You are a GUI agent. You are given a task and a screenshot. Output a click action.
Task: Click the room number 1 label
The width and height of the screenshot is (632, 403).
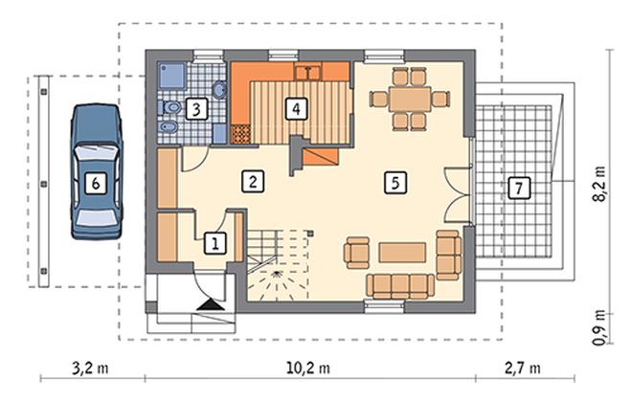pyautogui.click(x=215, y=243)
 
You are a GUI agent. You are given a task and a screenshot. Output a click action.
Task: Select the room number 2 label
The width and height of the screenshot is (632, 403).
pyautogui.click(x=253, y=181)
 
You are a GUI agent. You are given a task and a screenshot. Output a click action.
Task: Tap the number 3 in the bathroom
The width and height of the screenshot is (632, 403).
pyautogui.click(x=196, y=109)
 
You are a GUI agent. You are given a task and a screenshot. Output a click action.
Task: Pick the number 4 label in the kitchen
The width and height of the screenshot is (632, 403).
pyautogui.click(x=296, y=108)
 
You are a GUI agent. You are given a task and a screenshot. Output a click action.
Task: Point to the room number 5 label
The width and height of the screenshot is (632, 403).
pyautogui.click(x=395, y=183)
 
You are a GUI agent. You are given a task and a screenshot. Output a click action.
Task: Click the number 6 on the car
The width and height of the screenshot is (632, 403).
pyautogui.click(x=96, y=184)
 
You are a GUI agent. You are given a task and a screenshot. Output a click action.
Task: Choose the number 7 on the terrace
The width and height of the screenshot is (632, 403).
pyautogui.click(x=519, y=188)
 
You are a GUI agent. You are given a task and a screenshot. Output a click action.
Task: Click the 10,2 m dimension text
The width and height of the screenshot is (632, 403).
pyautogui.click(x=308, y=368)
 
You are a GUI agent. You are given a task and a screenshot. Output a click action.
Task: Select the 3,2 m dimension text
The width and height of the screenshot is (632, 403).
pyautogui.click(x=90, y=368)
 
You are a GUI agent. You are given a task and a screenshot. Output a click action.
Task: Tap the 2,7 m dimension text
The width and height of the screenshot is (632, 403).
pyautogui.click(x=523, y=368)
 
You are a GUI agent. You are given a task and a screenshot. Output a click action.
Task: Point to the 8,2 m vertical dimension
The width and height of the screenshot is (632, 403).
pyautogui.click(x=598, y=184)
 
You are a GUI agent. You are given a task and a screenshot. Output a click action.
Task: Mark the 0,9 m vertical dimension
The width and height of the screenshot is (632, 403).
pyautogui.click(x=598, y=327)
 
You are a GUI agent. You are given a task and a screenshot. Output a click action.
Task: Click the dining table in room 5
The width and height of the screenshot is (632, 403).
pyautogui.click(x=410, y=99)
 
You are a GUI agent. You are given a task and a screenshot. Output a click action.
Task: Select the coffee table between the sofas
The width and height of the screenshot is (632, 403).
pyautogui.click(x=402, y=253)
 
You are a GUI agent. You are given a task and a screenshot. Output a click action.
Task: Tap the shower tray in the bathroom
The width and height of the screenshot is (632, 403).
pyautogui.click(x=172, y=76)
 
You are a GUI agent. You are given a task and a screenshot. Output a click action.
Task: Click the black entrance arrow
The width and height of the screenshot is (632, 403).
pyautogui.click(x=211, y=305)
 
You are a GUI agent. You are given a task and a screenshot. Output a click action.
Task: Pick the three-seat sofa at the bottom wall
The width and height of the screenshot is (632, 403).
pyautogui.click(x=400, y=286)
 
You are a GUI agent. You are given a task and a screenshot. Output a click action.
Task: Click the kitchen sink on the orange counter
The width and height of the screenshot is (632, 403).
pyautogui.click(x=308, y=73)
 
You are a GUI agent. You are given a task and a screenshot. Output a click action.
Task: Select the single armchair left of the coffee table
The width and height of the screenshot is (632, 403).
pyautogui.click(x=357, y=253)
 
